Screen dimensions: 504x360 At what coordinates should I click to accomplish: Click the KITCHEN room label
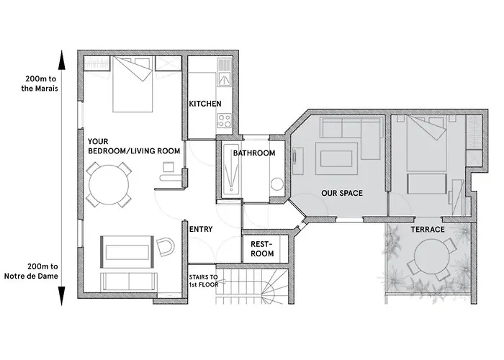tap(205, 104)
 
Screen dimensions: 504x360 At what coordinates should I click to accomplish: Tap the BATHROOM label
tap(254, 153)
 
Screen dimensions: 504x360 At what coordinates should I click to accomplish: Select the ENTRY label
tap(201, 229)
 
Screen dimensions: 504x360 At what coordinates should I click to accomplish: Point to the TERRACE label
tap(428, 230)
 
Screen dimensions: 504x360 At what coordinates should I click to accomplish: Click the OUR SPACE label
tap(342, 193)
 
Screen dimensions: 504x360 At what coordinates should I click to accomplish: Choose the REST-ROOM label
tap(262, 249)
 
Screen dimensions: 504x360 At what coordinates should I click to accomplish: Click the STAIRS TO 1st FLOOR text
tap(204, 281)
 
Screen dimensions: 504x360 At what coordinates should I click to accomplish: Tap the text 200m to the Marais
tap(40, 84)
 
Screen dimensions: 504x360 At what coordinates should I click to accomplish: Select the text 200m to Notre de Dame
tap(31, 271)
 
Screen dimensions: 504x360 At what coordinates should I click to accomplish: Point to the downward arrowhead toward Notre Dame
tap(61, 296)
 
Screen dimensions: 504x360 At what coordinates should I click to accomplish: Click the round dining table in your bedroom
tap(109, 184)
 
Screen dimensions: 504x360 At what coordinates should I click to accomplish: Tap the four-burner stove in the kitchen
tap(225, 121)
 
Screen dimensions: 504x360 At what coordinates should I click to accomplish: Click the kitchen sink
tap(225, 79)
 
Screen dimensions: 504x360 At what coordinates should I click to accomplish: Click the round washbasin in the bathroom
tap(276, 185)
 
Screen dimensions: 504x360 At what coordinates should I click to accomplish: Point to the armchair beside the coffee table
tap(166, 247)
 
